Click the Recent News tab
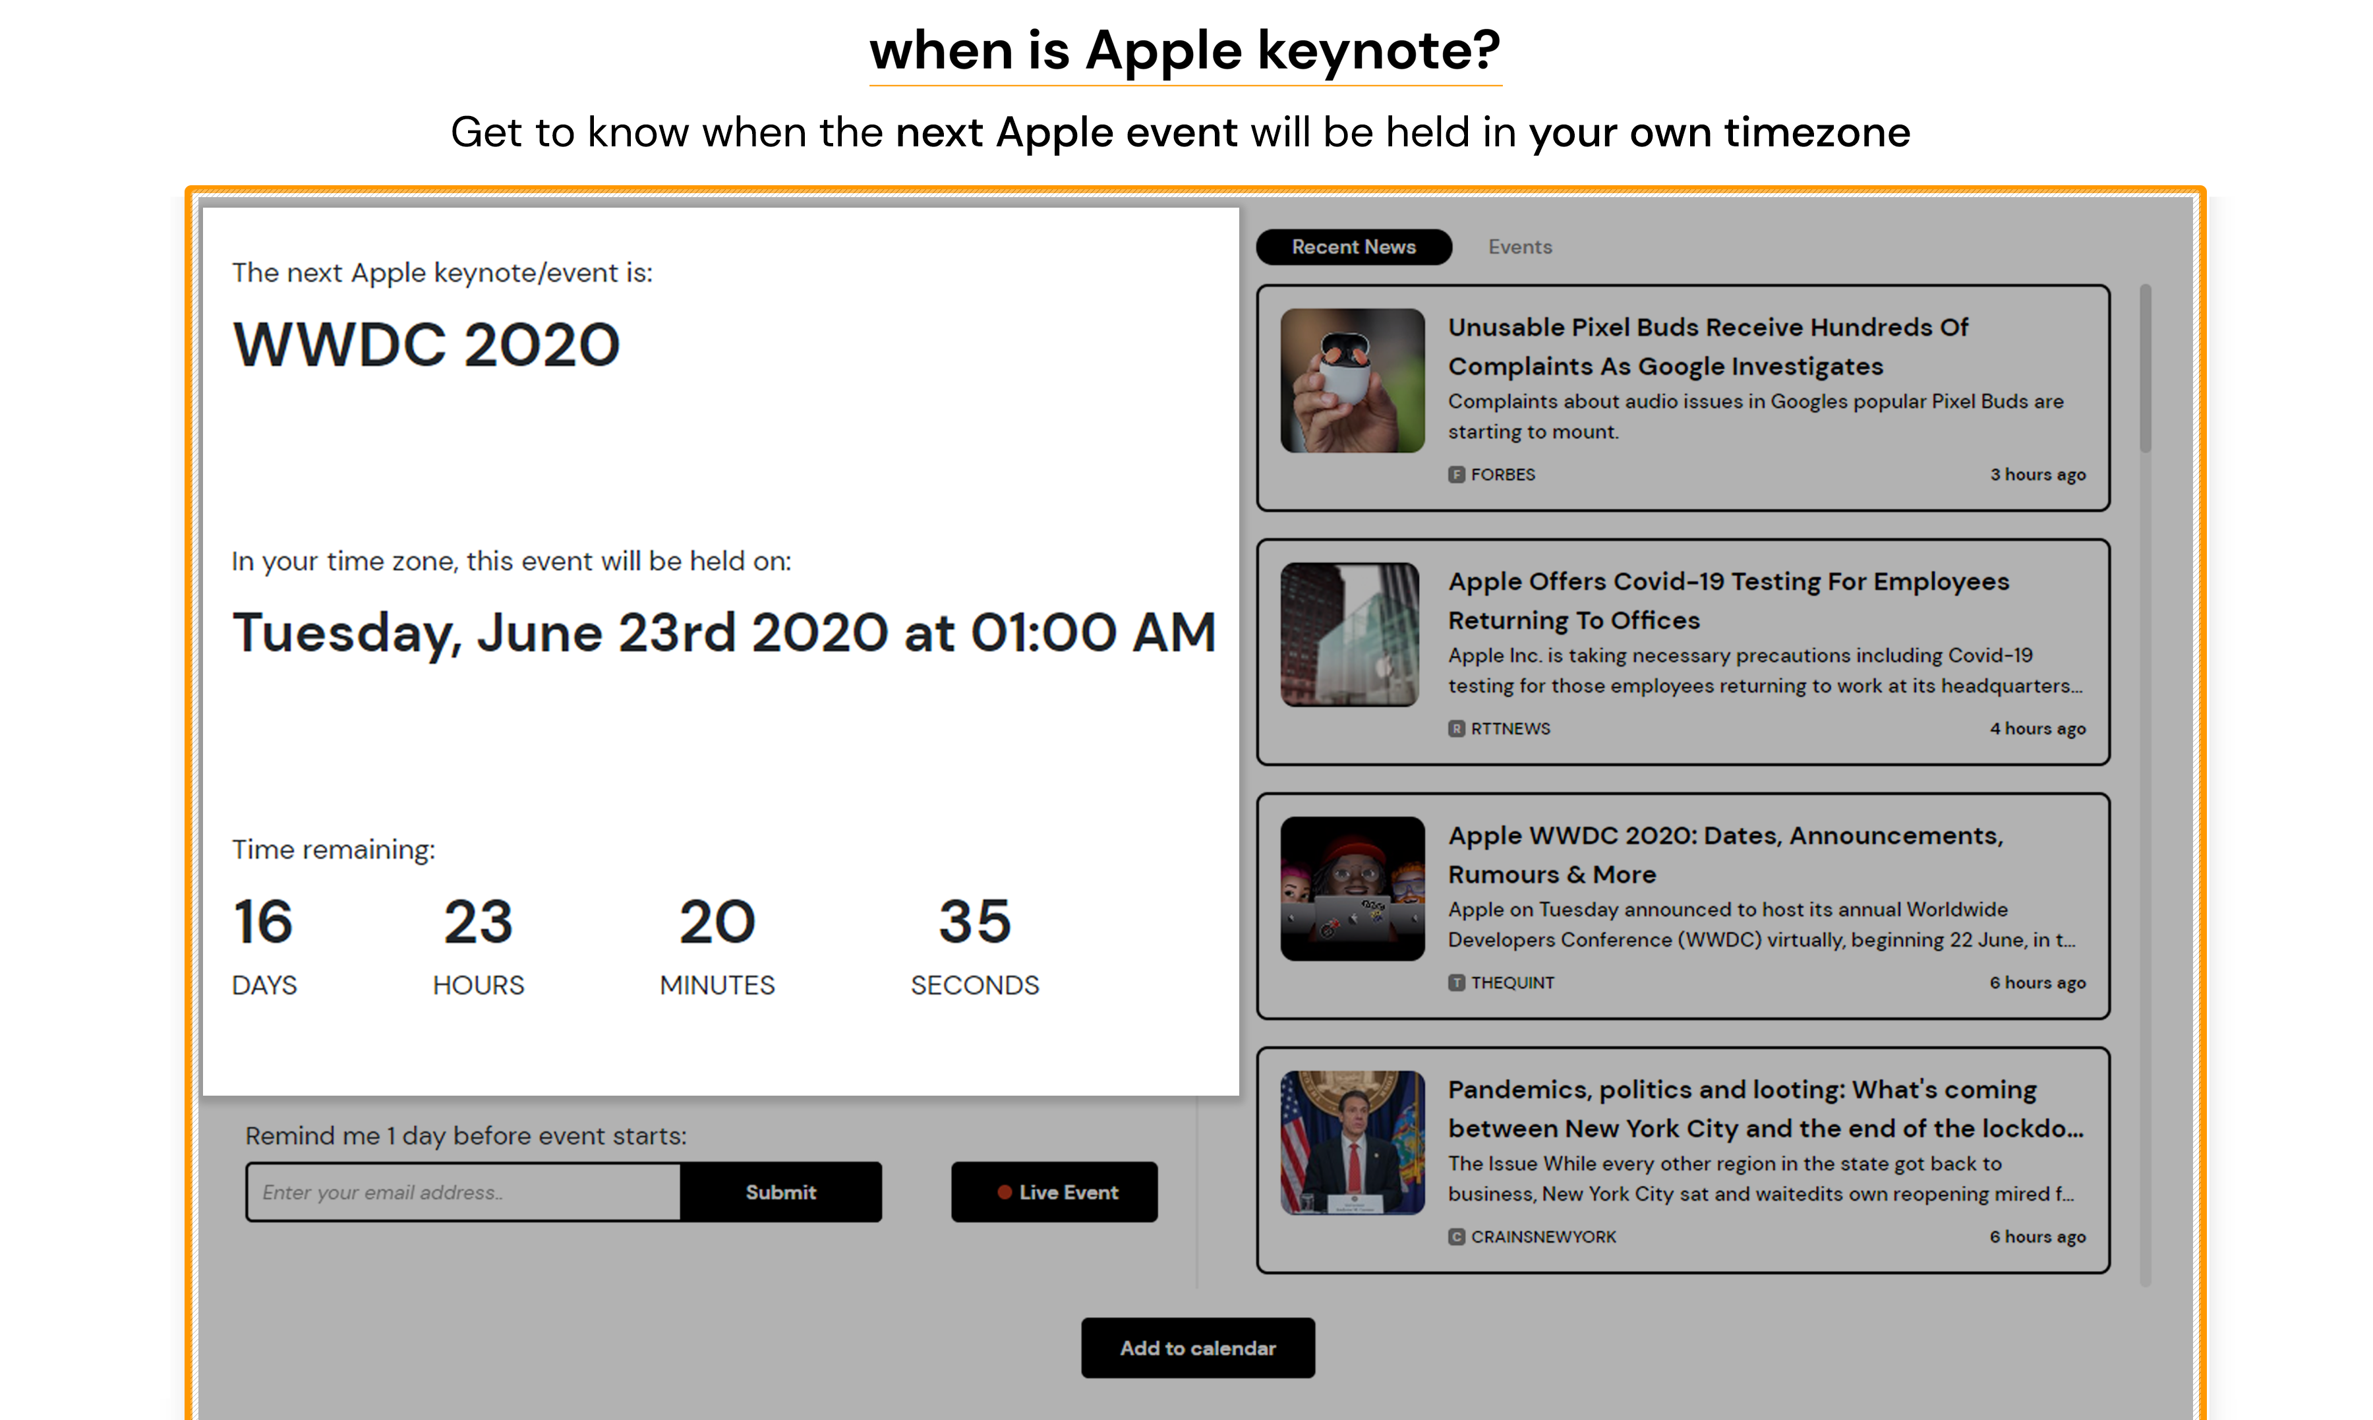[1353, 247]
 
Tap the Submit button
[780, 1193]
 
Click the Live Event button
[1054, 1193]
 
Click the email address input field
[463, 1193]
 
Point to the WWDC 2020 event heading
[426, 345]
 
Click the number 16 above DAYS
[263, 922]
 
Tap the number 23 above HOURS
[479, 922]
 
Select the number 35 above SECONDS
[975, 922]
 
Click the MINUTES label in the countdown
[717, 985]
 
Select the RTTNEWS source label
[1509, 728]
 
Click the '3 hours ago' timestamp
[2037, 475]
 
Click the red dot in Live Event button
[1005, 1193]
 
